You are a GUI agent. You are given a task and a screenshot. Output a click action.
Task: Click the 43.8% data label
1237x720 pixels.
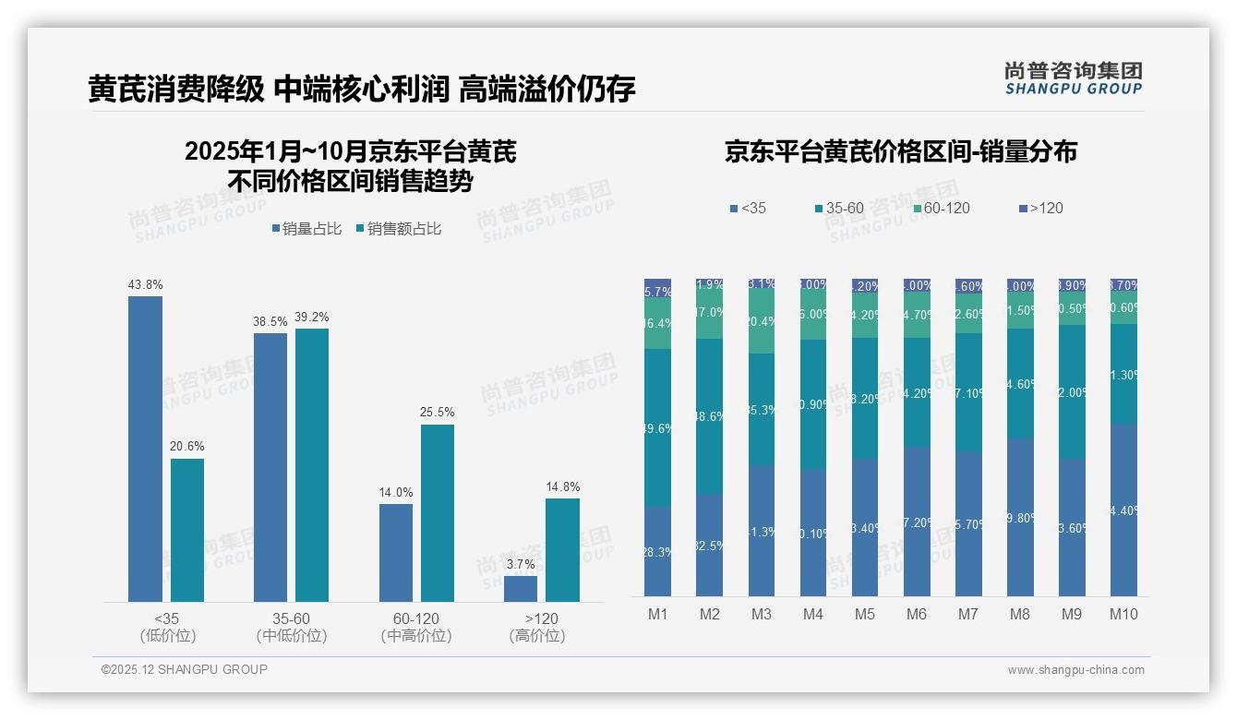(x=146, y=284)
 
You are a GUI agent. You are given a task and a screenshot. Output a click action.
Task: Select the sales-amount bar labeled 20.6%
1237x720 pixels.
(x=187, y=531)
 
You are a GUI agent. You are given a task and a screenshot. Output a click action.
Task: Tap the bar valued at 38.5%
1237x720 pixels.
(x=270, y=467)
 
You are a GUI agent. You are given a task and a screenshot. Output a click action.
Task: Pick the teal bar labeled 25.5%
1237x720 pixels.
(x=438, y=513)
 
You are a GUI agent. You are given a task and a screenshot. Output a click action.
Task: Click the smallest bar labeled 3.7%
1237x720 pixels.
(x=521, y=589)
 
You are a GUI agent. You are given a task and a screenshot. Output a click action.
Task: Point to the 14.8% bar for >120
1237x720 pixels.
(x=562, y=550)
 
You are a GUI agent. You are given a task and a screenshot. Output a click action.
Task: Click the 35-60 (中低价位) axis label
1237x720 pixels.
(x=291, y=627)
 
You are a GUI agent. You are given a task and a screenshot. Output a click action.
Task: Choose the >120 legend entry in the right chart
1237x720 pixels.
(x=1040, y=209)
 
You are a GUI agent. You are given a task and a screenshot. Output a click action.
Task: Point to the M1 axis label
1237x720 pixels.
(x=657, y=615)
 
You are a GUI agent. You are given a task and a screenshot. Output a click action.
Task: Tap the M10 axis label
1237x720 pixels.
(x=1123, y=615)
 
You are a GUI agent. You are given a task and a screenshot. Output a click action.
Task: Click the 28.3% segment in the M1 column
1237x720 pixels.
(x=657, y=551)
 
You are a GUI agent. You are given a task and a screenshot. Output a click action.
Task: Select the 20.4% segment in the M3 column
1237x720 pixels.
(x=761, y=321)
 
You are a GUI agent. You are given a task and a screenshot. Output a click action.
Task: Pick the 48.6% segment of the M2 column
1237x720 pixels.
(x=709, y=416)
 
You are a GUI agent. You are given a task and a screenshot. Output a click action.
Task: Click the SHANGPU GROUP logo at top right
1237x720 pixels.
(x=1073, y=78)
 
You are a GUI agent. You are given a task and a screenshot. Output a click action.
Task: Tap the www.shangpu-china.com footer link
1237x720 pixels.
(x=1075, y=670)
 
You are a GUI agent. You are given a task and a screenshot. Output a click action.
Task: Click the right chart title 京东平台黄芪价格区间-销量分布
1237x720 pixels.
(x=900, y=151)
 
